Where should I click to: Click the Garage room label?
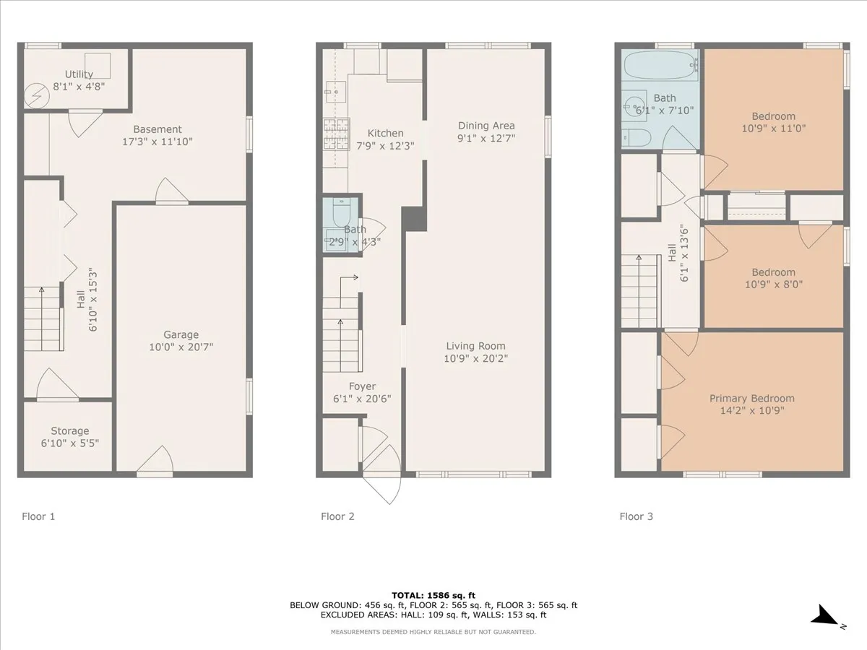181,334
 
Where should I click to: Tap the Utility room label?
79,74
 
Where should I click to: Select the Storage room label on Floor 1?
69,431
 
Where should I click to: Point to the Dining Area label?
486,126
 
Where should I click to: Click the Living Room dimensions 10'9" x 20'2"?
475,358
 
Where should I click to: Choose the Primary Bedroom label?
751,399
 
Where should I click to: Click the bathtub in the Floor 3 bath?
660,66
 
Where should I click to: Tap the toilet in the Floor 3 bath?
637,136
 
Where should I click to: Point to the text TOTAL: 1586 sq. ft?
433,594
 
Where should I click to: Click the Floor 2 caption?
337,516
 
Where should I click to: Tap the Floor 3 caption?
636,516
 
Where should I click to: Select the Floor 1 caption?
38,516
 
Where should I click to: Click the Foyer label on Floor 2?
361,386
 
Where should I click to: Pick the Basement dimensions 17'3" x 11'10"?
158,142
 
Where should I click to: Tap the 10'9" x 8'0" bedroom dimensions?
773,285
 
